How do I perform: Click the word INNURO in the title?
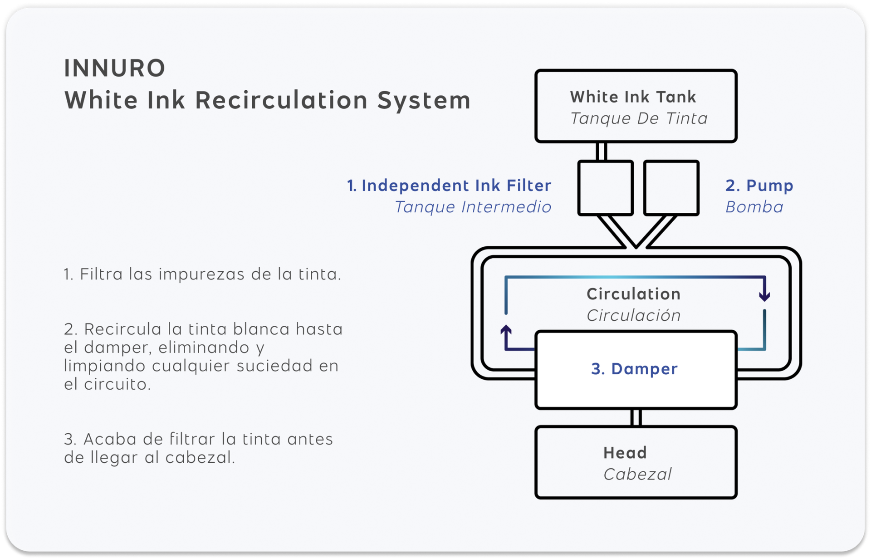click(x=115, y=69)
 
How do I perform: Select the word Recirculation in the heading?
click(x=281, y=100)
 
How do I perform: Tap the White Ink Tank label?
click(x=633, y=97)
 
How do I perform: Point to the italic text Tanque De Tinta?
click(x=639, y=119)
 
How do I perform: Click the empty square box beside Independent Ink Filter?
click(x=606, y=188)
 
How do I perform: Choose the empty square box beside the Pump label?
click(x=671, y=188)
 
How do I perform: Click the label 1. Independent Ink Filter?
click(x=449, y=186)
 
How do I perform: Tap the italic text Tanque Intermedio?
click(x=473, y=207)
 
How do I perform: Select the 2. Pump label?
click(x=759, y=186)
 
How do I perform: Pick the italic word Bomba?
click(x=754, y=207)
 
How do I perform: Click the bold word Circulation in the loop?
click(x=633, y=294)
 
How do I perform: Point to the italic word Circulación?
click(x=633, y=316)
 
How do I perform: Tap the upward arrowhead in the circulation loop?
click(x=506, y=330)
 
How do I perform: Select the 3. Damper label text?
click(x=634, y=369)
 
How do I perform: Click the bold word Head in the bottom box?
click(x=625, y=453)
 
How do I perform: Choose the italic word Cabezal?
click(x=637, y=475)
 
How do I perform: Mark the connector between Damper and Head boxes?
click(x=636, y=417)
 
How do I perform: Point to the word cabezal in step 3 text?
click(x=200, y=458)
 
